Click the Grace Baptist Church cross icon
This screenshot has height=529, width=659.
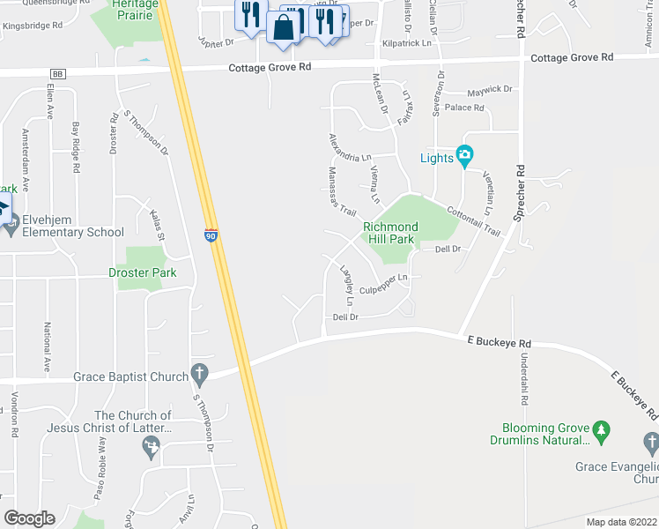pyautogui.click(x=200, y=376)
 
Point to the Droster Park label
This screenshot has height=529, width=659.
pyautogui.click(x=142, y=272)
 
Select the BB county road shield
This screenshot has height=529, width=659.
pyautogui.click(x=58, y=74)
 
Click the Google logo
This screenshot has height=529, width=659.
pyautogui.click(x=29, y=518)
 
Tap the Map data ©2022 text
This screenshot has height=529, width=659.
pyautogui.click(x=620, y=522)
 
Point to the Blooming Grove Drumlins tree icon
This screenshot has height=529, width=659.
pyautogui.click(x=603, y=430)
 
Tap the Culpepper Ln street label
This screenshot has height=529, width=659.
pyautogui.click(x=384, y=283)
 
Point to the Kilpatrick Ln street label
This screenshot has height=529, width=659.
pyautogui.click(x=407, y=42)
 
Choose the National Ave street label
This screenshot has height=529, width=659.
pyautogui.click(x=48, y=346)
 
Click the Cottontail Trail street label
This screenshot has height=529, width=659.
pyautogui.click(x=473, y=221)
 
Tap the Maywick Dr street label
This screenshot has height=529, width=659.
pyautogui.click(x=490, y=90)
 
